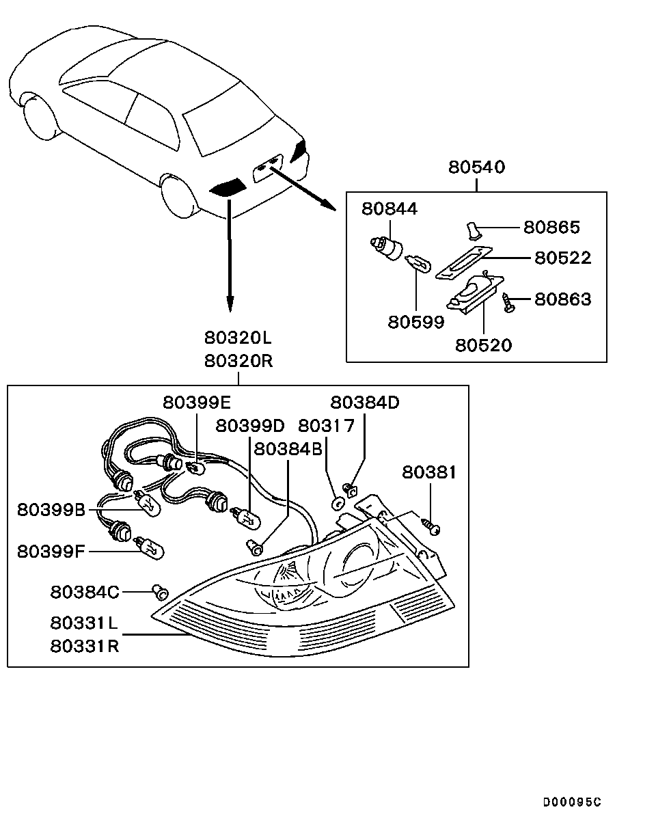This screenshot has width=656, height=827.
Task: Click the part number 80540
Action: tap(476, 167)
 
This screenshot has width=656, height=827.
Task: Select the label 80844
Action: tap(389, 208)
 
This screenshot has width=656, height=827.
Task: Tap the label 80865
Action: tap(551, 227)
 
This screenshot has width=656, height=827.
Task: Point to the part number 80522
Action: tap(562, 258)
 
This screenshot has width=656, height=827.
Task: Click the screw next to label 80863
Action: tap(508, 301)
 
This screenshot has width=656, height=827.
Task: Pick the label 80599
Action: tap(416, 322)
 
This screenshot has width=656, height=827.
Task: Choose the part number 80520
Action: tap(483, 345)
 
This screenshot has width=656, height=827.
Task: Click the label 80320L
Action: tap(237, 338)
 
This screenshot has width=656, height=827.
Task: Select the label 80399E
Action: tap(196, 403)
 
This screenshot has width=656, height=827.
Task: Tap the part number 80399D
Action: tap(249, 426)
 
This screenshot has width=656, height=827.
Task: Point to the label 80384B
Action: tap(288, 448)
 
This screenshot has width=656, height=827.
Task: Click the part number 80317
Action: tap(327, 426)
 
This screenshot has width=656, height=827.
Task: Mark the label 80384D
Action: tap(365, 403)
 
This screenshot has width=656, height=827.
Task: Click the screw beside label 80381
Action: tap(430, 526)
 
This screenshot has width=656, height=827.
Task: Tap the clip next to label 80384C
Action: tap(161, 589)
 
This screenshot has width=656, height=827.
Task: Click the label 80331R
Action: tap(84, 646)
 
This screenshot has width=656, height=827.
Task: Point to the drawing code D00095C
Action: tap(572, 802)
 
